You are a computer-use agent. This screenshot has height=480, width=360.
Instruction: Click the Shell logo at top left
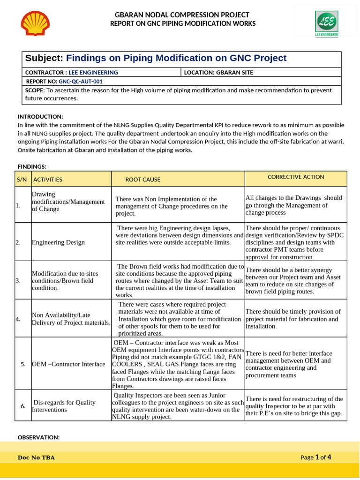click(35, 24)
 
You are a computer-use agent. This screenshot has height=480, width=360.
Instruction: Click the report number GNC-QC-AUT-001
click(80, 81)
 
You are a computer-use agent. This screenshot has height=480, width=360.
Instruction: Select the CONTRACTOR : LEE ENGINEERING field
click(71, 72)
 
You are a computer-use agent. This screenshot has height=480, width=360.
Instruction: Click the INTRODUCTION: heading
click(40, 116)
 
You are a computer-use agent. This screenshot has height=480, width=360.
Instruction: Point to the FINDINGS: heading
click(32, 166)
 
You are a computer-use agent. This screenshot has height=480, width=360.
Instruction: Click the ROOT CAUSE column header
click(142, 180)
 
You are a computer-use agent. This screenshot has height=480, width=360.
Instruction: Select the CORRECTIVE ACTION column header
click(296, 177)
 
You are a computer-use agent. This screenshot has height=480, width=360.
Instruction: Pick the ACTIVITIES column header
click(48, 180)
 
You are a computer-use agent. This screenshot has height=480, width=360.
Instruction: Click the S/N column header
click(22, 180)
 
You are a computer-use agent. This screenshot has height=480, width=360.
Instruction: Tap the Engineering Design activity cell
click(58, 242)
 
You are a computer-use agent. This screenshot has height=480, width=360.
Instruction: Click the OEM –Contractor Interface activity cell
click(68, 364)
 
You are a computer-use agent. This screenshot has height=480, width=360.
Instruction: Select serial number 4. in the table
click(18, 319)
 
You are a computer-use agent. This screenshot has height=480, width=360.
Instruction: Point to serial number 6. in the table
click(23, 405)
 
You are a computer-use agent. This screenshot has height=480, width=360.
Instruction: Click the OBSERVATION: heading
click(38, 437)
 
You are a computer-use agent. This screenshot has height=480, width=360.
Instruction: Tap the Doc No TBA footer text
click(36, 457)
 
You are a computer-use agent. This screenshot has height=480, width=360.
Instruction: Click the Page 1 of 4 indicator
click(316, 457)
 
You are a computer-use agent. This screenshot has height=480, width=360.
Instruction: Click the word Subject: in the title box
click(44, 58)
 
